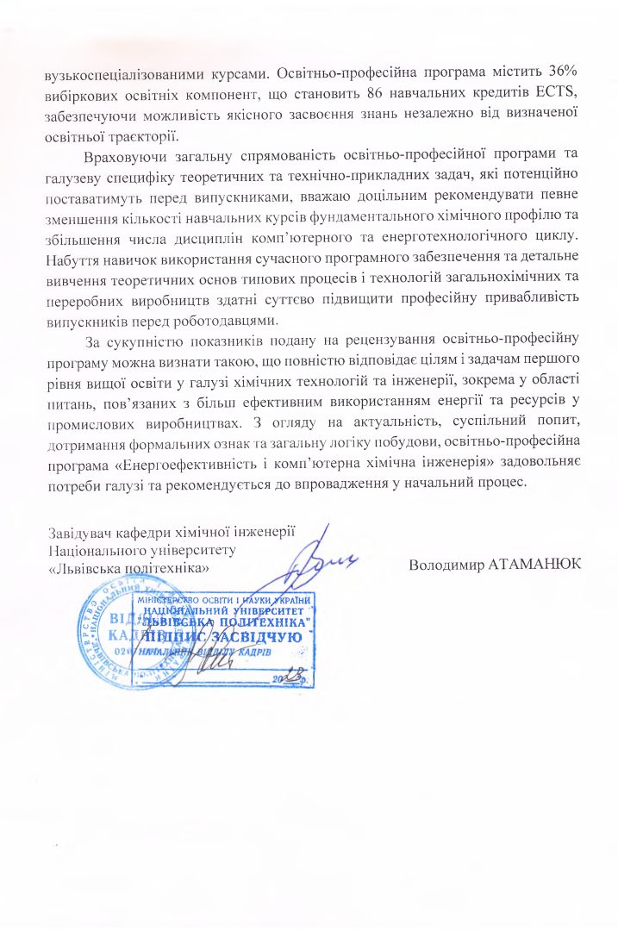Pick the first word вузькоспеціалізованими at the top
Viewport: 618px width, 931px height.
(117, 73)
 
